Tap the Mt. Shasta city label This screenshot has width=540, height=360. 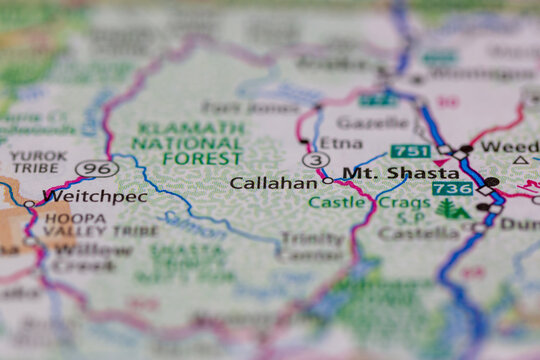(388, 173)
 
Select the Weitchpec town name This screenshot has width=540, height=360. (95, 197)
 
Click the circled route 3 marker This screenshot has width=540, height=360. (316, 159)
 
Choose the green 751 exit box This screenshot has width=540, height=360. (411, 151)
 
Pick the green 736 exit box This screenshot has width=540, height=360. (452, 188)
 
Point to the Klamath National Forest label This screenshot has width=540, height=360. (190, 143)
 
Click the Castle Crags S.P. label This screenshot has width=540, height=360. (370, 209)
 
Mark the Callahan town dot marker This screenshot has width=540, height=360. (327, 181)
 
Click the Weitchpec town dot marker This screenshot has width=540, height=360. (30, 203)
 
